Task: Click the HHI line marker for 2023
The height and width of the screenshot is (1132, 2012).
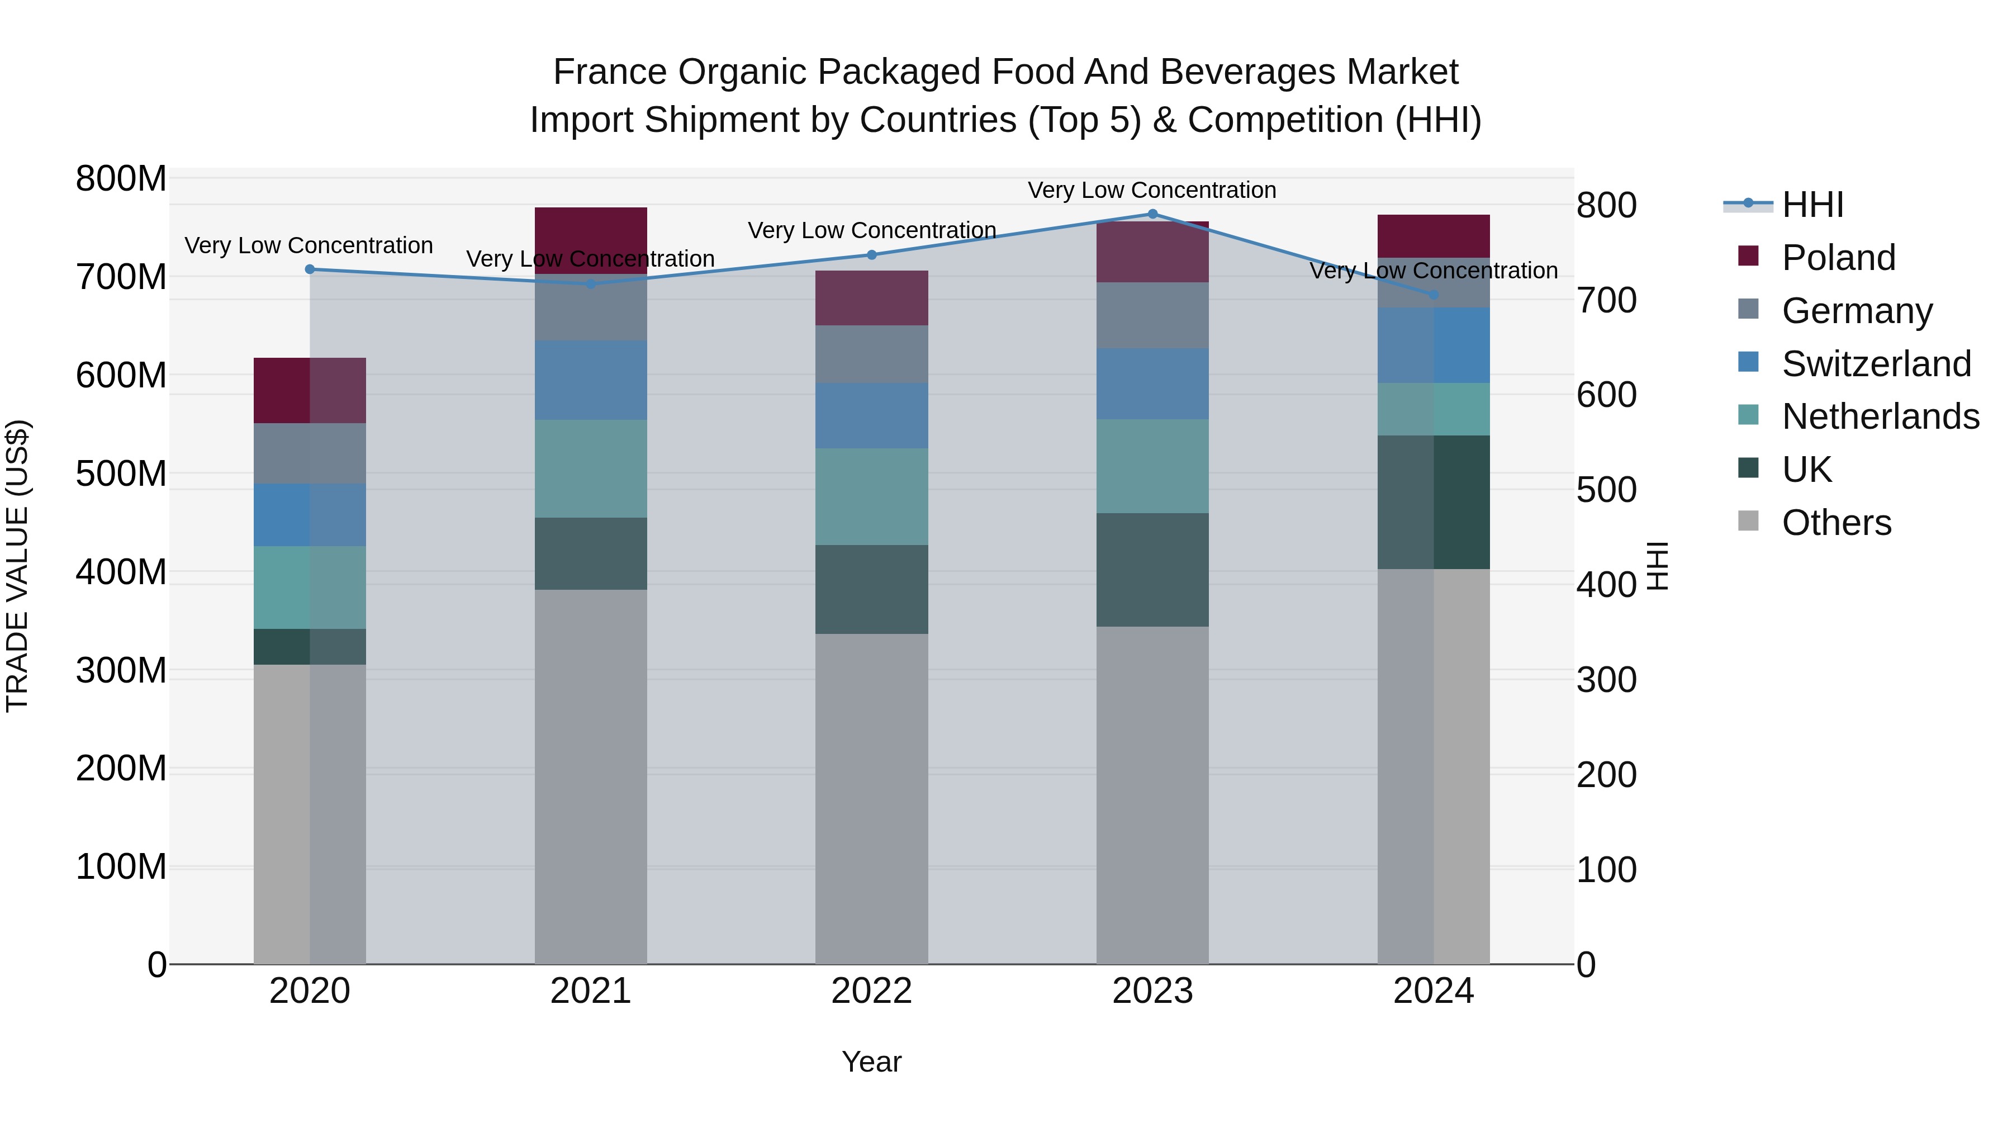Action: (x=1152, y=214)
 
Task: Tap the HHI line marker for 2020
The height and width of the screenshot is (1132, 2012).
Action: (x=310, y=269)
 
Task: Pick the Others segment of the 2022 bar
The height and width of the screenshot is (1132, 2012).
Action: (x=872, y=797)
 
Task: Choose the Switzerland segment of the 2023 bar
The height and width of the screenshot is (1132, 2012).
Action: (x=1152, y=383)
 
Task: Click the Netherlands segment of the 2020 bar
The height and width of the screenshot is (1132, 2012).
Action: (x=310, y=587)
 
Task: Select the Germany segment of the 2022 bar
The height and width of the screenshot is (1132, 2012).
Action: (x=872, y=354)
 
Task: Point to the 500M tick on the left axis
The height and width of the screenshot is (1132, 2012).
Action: (x=121, y=473)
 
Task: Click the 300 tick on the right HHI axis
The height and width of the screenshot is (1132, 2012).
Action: (x=1606, y=680)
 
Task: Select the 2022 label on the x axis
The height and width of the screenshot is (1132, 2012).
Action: (x=872, y=991)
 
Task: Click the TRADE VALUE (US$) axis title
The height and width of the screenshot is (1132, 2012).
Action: (x=17, y=566)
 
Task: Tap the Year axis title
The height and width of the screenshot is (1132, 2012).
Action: (x=872, y=1062)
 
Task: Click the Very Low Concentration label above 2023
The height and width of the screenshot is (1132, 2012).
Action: (x=1151, y=190)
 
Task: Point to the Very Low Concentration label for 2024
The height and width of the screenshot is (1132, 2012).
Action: (x=1433, y=271)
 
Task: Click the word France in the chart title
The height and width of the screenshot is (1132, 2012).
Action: (x=610, y=72)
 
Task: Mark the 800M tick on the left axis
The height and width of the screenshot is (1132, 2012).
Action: (x=121, y=179)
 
